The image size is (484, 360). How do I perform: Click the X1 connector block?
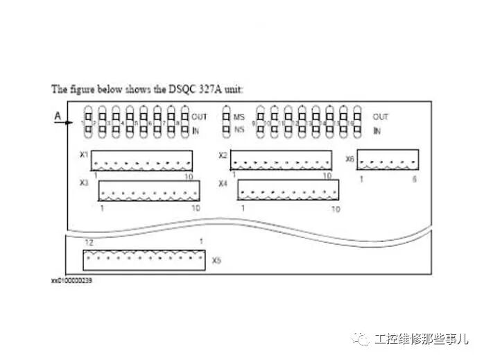(141, 160)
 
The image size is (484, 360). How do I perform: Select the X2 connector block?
(281, 160)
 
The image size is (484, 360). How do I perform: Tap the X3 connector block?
(148, 191)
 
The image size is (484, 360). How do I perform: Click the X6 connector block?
(387, 159)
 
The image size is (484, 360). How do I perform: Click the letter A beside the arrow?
(58, 116)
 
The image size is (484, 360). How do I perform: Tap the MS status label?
(240, 117)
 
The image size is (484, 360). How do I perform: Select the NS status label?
(240, 129)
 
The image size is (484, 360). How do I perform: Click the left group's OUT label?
(199, 117)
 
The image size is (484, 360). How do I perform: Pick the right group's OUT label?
(381, 117)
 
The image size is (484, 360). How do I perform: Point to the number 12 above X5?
(89, 241)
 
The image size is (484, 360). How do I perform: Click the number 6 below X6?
(414, 179)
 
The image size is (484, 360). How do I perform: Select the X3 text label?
(84, 183)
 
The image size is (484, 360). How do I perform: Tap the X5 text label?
(217, 261)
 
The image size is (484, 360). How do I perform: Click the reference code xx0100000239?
(71, 281)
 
